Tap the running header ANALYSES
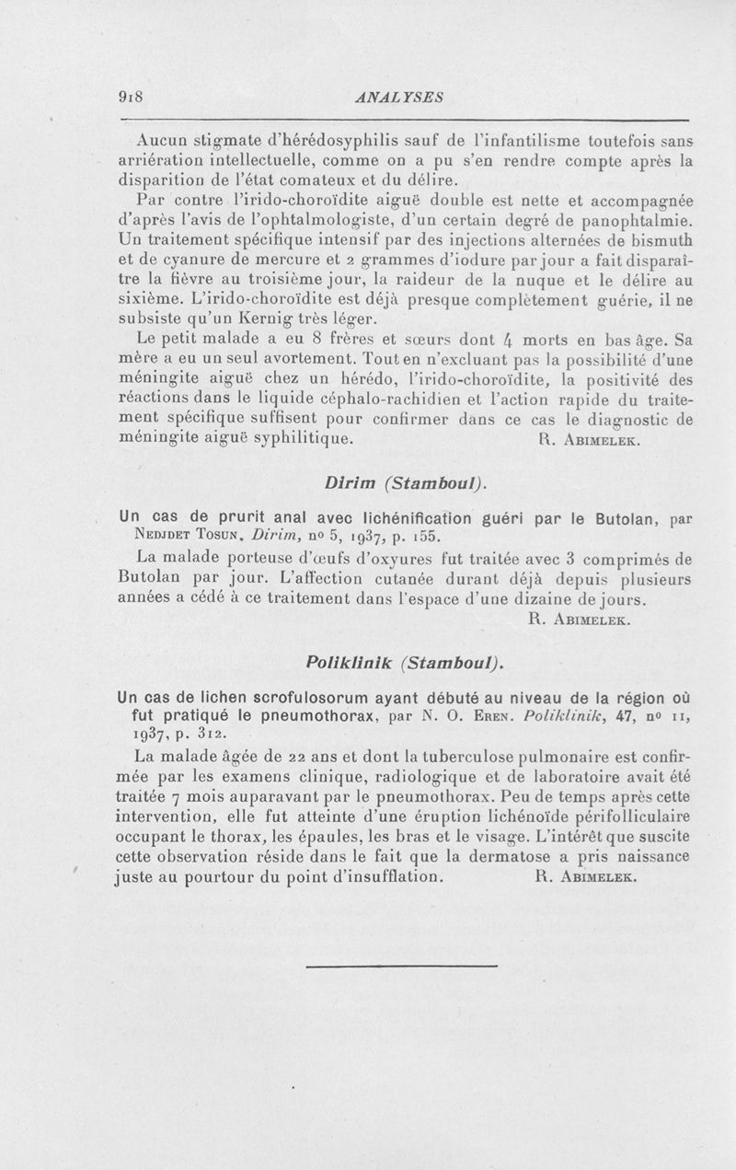coord(405,97)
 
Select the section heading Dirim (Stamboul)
coord(405,482)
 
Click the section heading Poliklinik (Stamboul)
coord(405,663)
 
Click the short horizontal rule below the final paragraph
coord(400,966)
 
